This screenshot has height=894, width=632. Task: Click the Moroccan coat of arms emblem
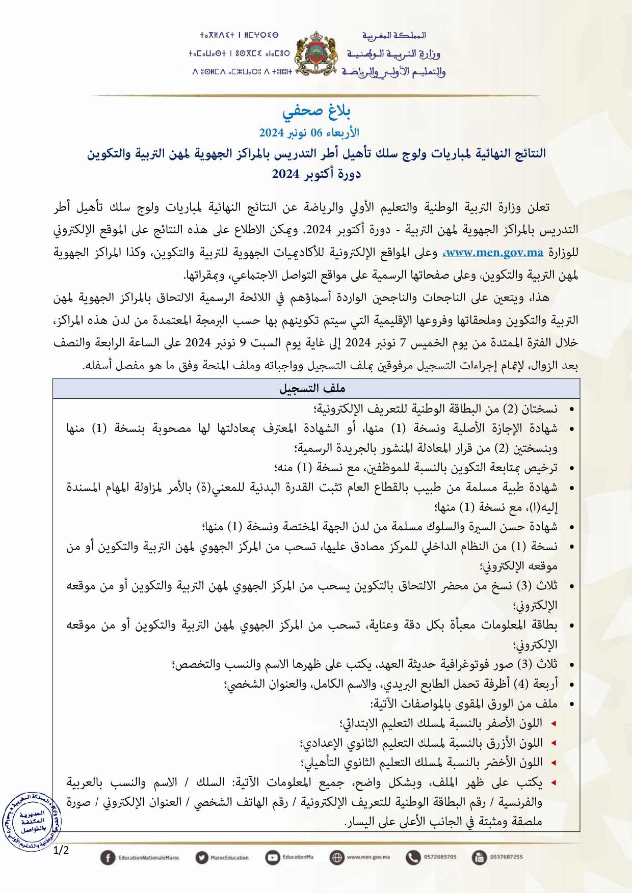click(x=317, y=53)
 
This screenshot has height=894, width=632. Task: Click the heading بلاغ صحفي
click(x=316, y=111)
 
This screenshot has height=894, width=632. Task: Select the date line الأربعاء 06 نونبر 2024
click(x=309, y=133)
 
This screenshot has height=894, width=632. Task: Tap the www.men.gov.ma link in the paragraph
click(x=494, y=253)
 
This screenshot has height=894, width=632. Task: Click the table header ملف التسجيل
click(x=312, y=389)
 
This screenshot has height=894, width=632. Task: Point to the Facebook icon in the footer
click(x=108, y=857)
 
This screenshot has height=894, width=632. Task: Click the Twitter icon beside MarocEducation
click(x=202, y=857)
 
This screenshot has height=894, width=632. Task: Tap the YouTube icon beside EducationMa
click(x=273, y=857)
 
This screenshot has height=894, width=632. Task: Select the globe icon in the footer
click(x=337, y=857)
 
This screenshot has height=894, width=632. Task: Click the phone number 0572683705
click(x=440, y=857)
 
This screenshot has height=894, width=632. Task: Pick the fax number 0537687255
click(x=506, y=857)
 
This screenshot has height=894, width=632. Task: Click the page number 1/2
click(x=61, y=850)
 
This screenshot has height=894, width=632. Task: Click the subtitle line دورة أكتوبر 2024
click(x=316, y=174)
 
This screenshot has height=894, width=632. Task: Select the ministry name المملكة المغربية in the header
click(x=394, y=36)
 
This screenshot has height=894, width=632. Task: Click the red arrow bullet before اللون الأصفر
click(x=554, y=724)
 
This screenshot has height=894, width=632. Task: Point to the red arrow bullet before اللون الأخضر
click(x=554, y=763)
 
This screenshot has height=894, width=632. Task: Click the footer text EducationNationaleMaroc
click(x=149, y=858)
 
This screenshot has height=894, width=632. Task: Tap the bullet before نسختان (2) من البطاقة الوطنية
click(x=572, y=410)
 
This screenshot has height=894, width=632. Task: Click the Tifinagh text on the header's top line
click(x=239, y=36)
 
